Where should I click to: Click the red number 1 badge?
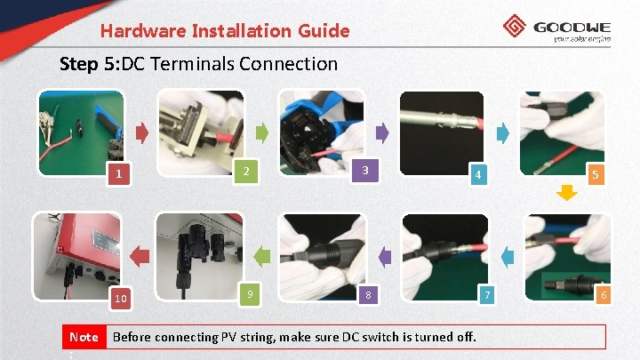(x=119, y=174)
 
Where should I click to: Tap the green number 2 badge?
(x=245, y=171)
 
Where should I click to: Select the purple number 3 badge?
(x=365, y=170)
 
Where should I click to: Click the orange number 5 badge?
(x=596, y=175)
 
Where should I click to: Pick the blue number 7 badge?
(x=487, y=294)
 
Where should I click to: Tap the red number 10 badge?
(x=121, y=298)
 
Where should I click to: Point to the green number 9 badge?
(x=250, y=294)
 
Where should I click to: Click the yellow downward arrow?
(x=566, y=193)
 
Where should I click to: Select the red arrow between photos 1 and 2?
(x=141, y=133)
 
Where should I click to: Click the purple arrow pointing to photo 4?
(x=382, y=132)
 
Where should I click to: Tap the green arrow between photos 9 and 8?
(x=261, y=257)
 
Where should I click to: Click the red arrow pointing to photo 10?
(x=140, y=256)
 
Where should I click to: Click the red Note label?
(x=84, y=337)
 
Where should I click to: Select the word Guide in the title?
(x=324, y=31)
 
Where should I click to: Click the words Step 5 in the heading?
(x=90, y=64)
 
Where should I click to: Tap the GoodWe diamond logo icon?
(x=515, y=26)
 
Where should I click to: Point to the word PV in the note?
(x=228, y=337)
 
